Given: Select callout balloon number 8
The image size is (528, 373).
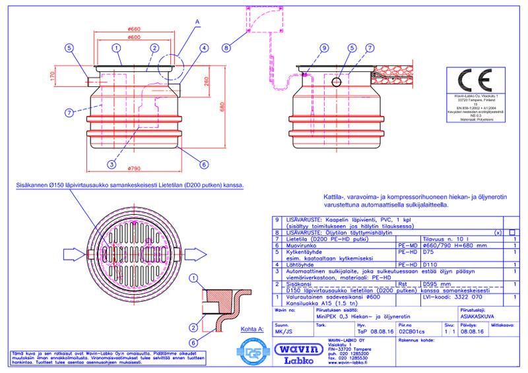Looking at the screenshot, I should coord(227,47).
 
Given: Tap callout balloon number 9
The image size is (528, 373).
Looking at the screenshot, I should coord(323,47).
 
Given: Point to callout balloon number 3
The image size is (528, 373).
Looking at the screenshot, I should coord(113,163).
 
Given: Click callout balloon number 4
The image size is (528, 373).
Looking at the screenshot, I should coord(205,47).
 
